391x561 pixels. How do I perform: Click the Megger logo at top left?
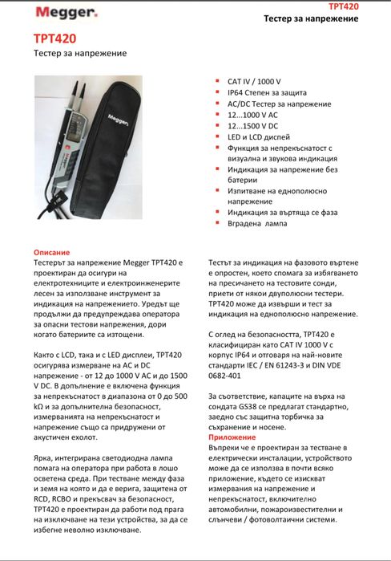point(66,13)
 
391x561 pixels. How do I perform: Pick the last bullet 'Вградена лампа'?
point(257,224)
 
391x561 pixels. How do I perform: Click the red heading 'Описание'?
point(52,252)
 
